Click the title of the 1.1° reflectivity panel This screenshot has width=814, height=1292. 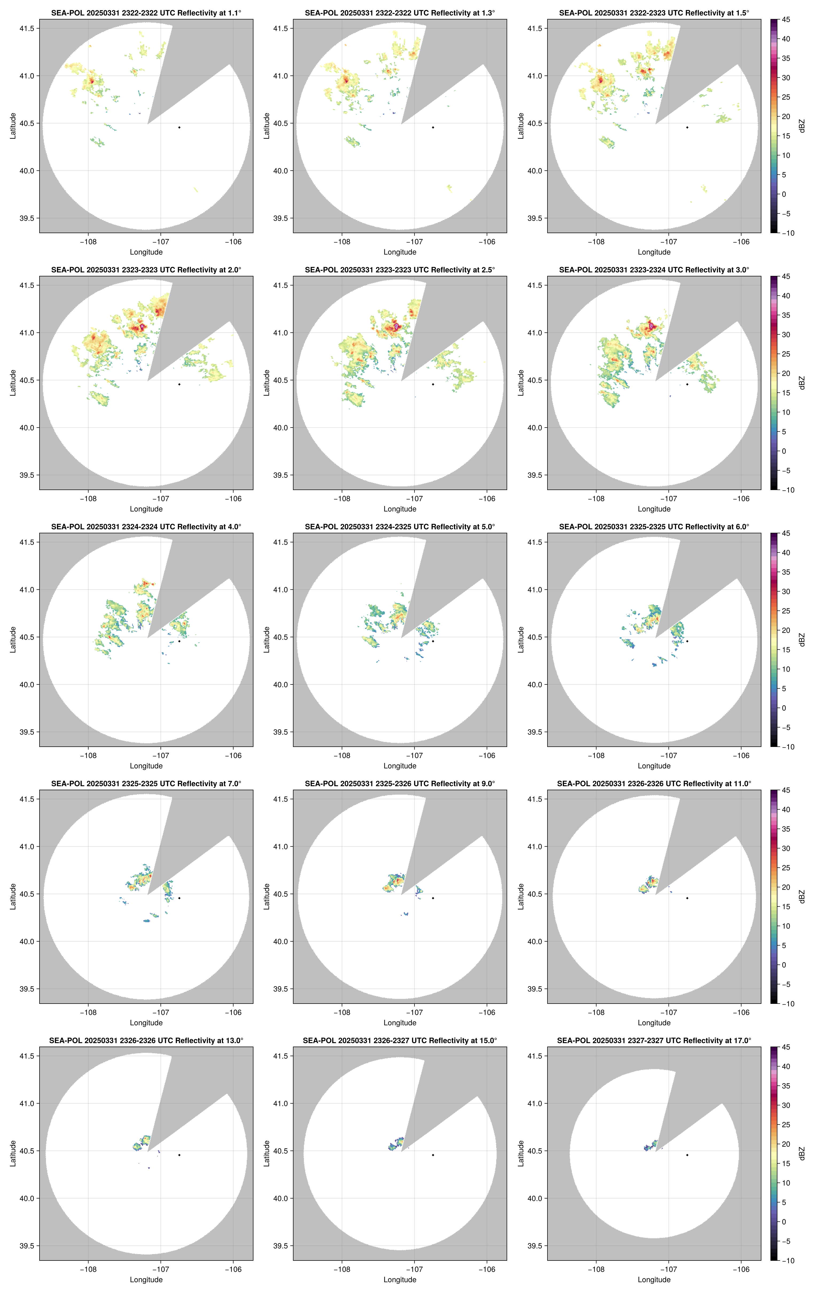point(146,13)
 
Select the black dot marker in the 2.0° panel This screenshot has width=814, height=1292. point(179,384)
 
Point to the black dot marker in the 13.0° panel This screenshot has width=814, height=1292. point(179,1155)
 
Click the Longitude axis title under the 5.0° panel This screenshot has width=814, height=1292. point(400,766)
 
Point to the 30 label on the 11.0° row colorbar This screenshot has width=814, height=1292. point(786,848)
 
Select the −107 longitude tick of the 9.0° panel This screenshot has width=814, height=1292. point(414,1012)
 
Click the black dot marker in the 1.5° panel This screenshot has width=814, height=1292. point(687,127)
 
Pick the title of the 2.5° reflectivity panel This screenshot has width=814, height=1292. point(400,270)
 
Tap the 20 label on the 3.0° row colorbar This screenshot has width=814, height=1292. point(786,373)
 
